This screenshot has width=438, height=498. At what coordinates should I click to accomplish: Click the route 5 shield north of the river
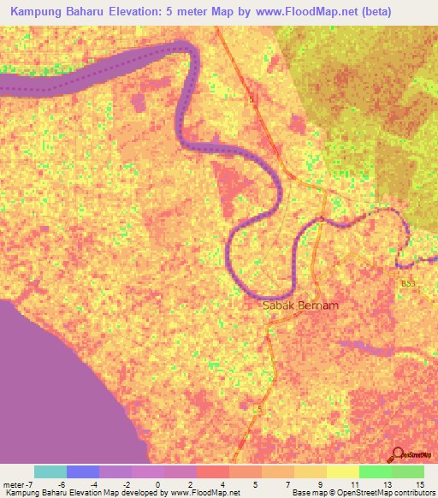pos(252,100)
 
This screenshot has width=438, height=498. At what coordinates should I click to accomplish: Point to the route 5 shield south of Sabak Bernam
pos(257,411)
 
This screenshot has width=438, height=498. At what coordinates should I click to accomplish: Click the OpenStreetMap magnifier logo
pos(400,455)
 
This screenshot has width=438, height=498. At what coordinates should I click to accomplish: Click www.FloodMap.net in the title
pos(299,9)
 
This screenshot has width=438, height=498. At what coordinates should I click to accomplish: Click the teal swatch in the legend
pos(50,471)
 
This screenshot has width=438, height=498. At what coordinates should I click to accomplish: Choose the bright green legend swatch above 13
pos(375,471)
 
